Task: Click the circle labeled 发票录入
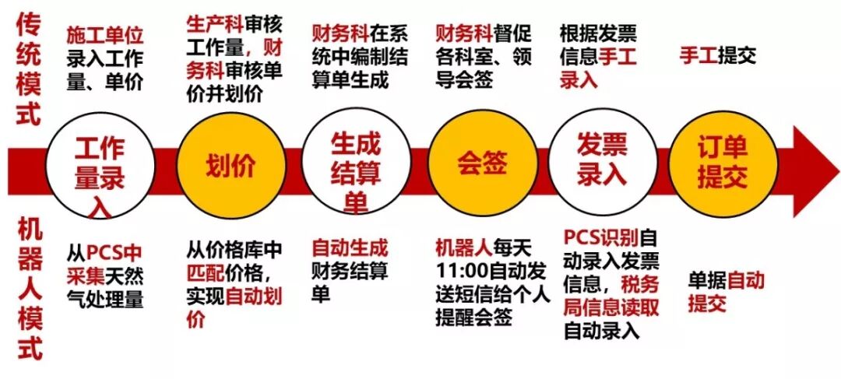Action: tap(602, 164)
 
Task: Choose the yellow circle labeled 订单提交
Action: tap(722, 164)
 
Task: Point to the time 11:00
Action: tap(459, 273)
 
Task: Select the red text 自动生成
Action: tap(350, 248)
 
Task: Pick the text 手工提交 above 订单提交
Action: tap(717, 56)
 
